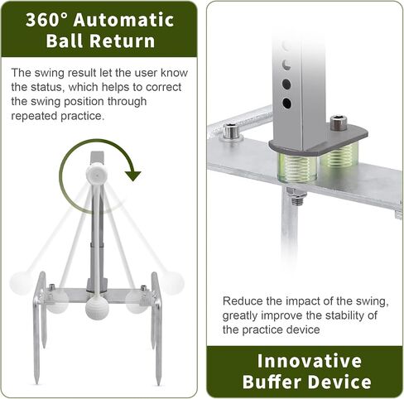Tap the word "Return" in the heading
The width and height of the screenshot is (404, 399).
123,41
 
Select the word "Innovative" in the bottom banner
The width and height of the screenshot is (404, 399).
310,361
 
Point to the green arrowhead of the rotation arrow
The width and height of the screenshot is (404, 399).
133,176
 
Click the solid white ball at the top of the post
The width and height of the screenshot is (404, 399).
96,173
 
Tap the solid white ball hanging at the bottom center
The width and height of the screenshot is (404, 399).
97,308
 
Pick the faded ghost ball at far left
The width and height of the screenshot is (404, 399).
20,282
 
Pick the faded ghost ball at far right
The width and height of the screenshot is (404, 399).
173,282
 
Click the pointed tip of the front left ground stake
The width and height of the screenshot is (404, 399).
36,384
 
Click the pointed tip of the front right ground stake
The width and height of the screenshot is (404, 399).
159,385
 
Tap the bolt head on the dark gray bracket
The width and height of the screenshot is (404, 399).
337,123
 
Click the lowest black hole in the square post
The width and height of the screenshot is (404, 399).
286,103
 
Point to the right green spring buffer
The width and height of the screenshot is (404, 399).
340,156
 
